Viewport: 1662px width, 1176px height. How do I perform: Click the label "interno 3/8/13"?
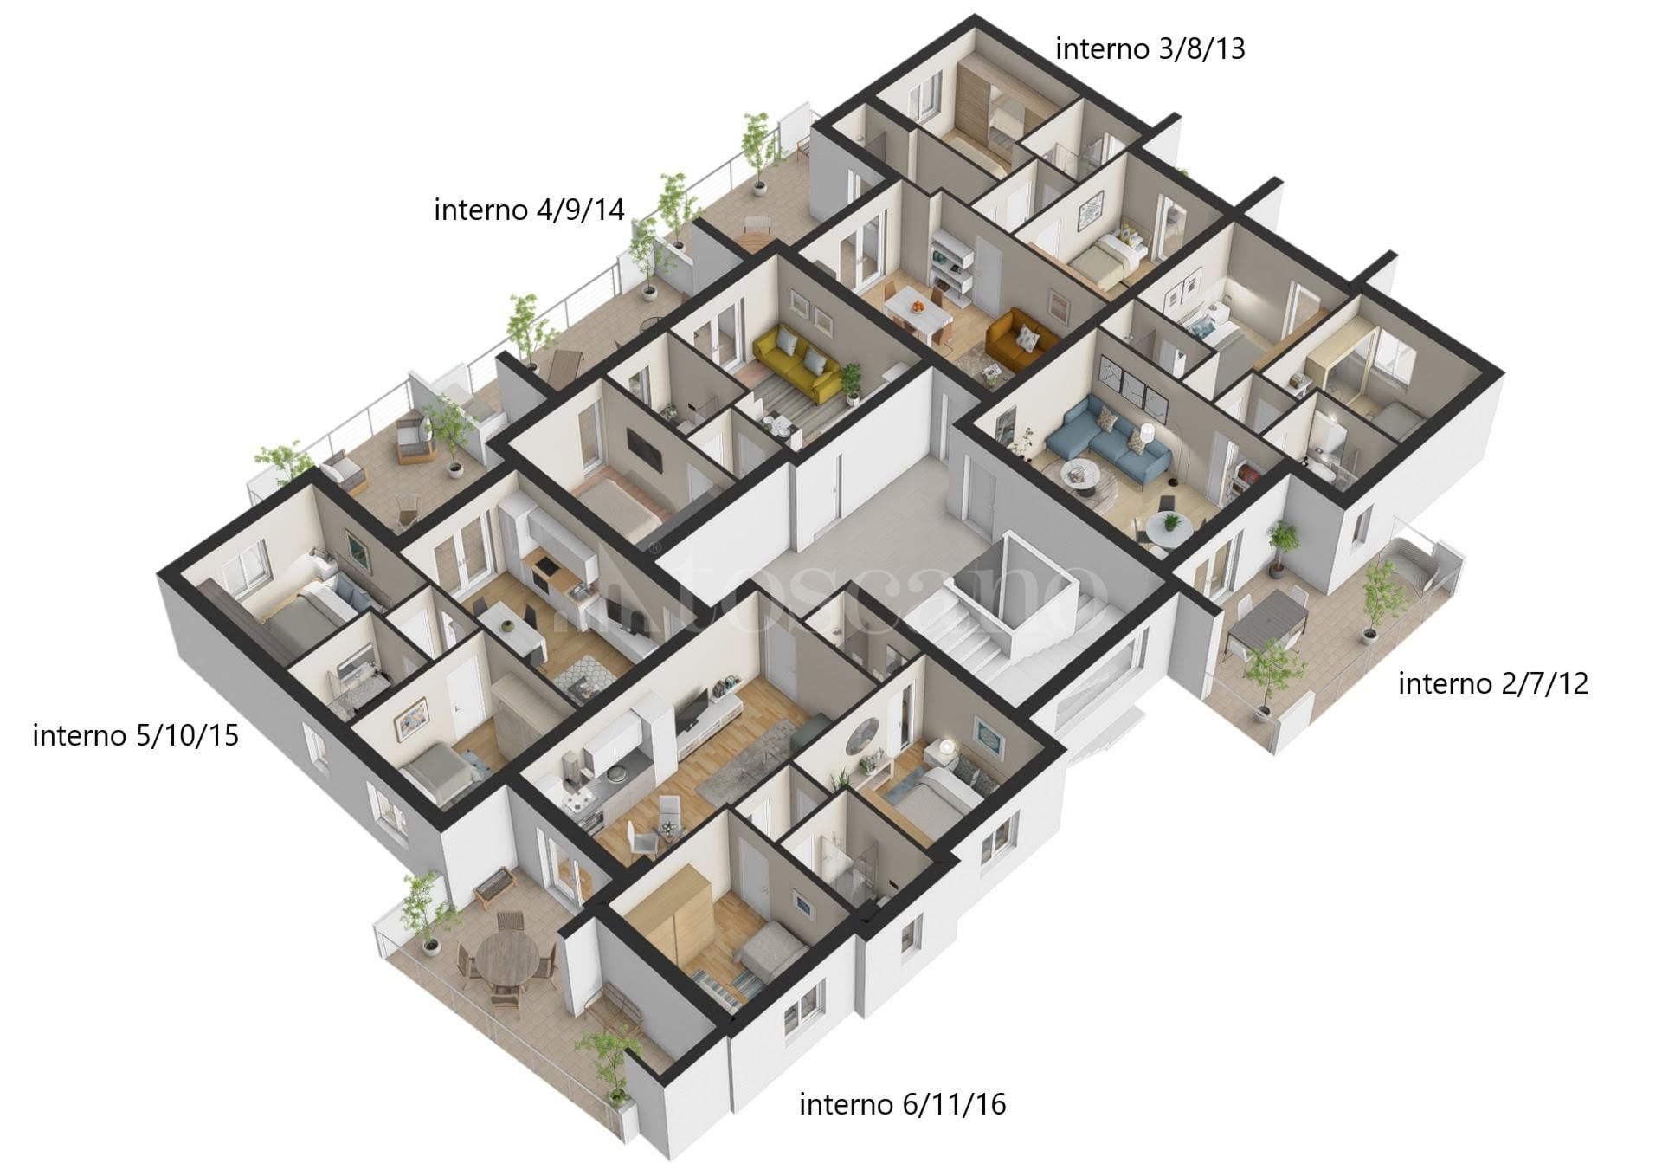(x=1150, y=49)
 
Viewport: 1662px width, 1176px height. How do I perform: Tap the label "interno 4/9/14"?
(x=529, y=210)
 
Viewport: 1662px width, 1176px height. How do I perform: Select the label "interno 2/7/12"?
(x=1493, y=684)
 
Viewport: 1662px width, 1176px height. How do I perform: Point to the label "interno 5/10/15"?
(x=135, y=736)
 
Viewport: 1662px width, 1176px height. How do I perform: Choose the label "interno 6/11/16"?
(x=902, y=1105)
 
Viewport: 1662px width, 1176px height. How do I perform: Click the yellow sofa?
(x=796, y=361)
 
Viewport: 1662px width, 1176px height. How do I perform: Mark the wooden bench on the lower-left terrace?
(x=494, y=886)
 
